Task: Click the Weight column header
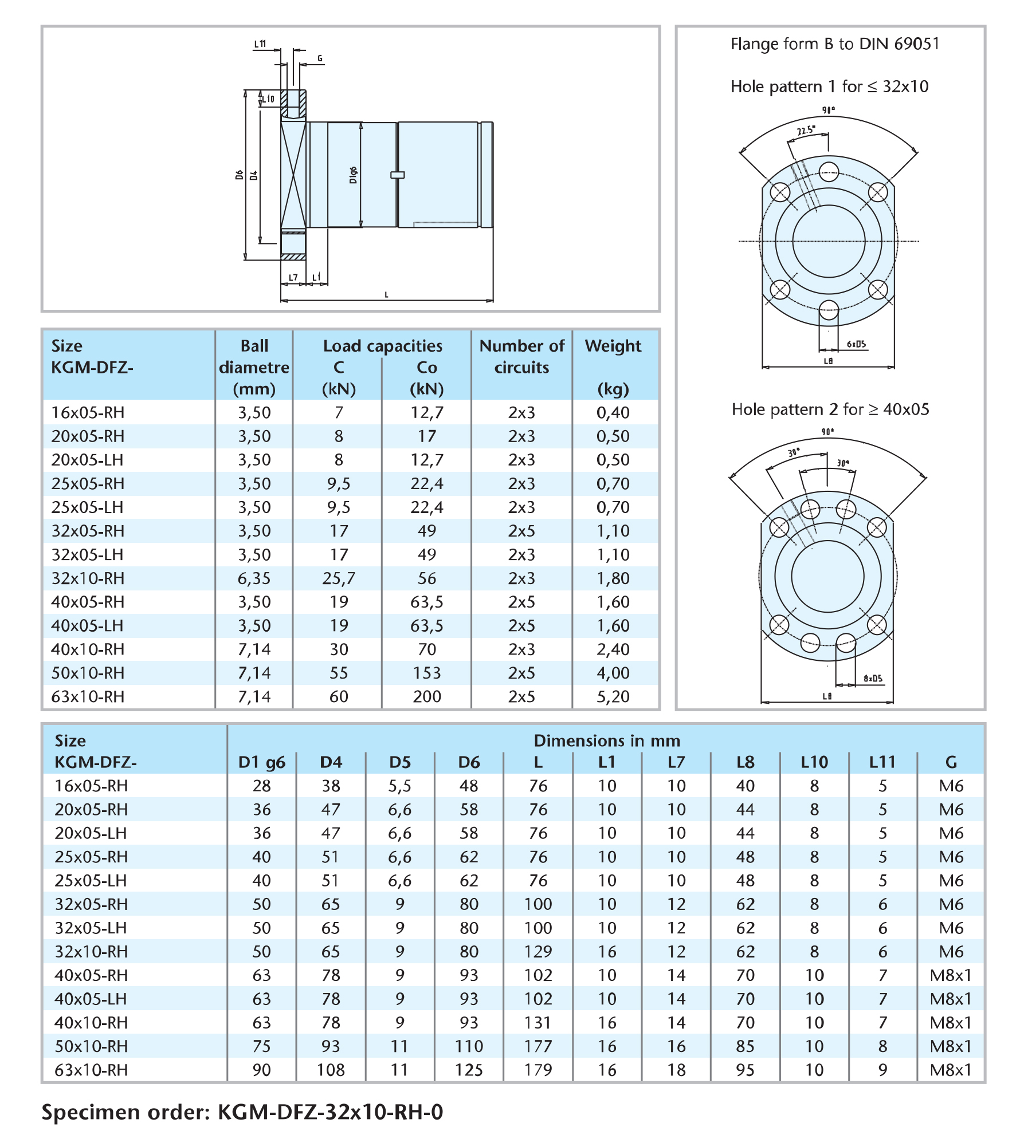tap(613, 346)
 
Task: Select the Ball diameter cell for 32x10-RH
tap(254, 578)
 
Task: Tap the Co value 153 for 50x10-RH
tap(427, 673)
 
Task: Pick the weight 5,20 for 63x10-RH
tap(613, 696)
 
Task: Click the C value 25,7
tap(338, 578)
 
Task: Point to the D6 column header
tap(469, 762)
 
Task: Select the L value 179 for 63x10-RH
tap(538, 1070)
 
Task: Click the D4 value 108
tap(331, 1070)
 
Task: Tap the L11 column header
tap(882, 762)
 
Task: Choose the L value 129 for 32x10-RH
tap(538, 951)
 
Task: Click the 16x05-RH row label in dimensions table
tap(91, 786)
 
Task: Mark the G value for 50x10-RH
tap(951, 1046)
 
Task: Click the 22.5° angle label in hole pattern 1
tap(805, 131)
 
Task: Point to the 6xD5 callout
tap(856, 344)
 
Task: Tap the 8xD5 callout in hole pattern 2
tap(873, 679)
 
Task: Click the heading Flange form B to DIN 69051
tap(835, 44)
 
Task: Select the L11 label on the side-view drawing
tap(260, 44)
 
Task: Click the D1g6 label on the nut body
tap(353, 175)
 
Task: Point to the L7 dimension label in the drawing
tap(293, 278)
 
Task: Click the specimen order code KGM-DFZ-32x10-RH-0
tap(330, 1112)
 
